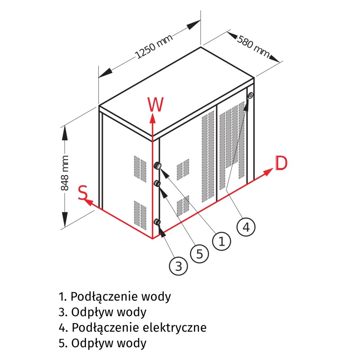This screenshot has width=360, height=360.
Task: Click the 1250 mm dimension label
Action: [x=154, y=47]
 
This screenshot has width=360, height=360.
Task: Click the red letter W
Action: [x=155, y=105]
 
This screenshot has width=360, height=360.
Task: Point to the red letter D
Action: [x=281, y=163]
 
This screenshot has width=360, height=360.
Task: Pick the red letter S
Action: [x=83, y=193]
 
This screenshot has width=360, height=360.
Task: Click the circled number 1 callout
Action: [x=221, y=242]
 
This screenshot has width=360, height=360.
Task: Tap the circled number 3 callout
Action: [x=179, y=266]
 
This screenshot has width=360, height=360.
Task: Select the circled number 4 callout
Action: [x=246, y=227]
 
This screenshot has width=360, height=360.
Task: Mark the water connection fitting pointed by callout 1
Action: [x=158, y=166]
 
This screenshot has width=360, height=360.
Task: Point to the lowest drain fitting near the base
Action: [x=157, y=222]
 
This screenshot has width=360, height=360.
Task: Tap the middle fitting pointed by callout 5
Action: [x=157, y=183]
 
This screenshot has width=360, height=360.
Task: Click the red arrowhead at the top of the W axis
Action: [x=152, y=117]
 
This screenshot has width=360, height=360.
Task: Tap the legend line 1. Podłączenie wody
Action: [x=115, y=297]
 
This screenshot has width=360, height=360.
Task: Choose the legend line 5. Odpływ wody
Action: [x=103, y=343]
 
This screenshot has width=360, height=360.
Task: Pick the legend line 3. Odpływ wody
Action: [x=103, y=312]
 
